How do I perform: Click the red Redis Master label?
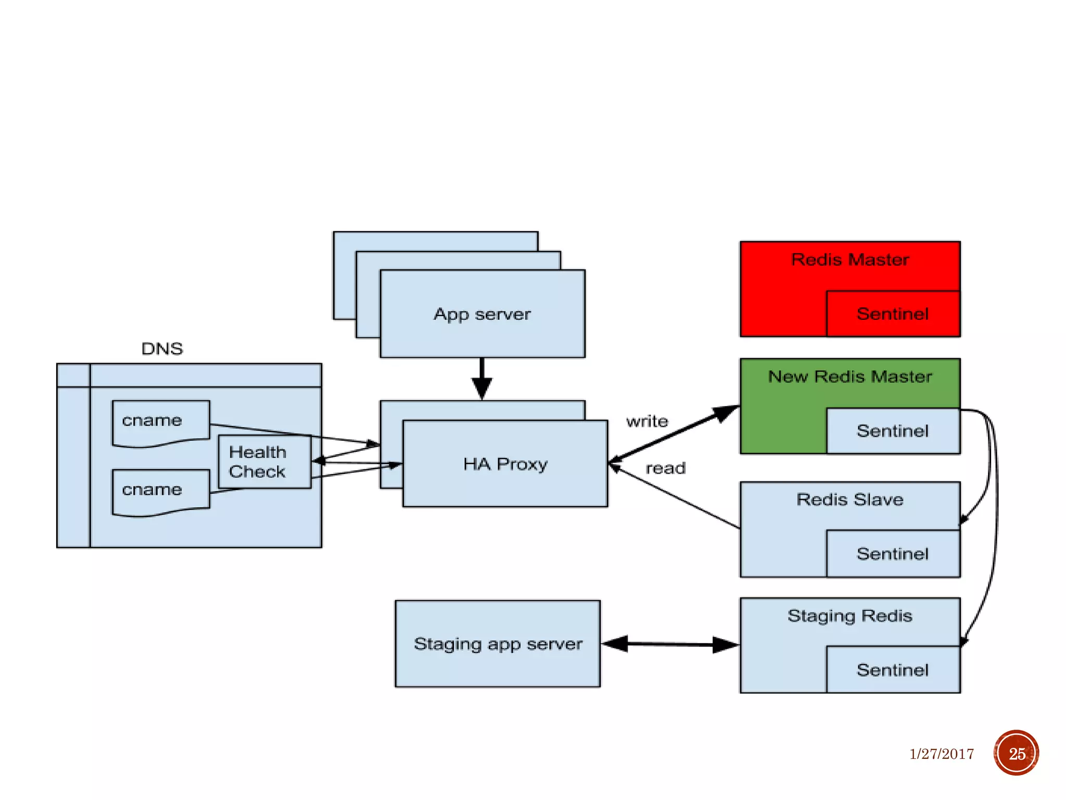(x=850, y=259)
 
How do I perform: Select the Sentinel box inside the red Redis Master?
(x=893, y=314)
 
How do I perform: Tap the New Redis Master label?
(x=850, y=376)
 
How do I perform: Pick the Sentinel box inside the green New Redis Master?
(x=893, y=431)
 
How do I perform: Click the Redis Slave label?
(x=850, y=499)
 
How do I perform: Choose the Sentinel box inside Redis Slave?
(x=893, y=554)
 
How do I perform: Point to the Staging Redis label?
(x=850, y=616)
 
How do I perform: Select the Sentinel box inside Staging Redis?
(x=893, y=670)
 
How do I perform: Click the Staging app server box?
(x=498, y=644)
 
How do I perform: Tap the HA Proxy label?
(x=505, y=464)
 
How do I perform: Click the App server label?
(x=483, y=314)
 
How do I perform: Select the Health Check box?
(x=264, y=462)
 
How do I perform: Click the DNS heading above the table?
(x=162, y=348)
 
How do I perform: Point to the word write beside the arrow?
(x=647, y=421)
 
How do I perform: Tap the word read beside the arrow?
(x=666, y=468)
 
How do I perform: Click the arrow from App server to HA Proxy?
(x=482, y=379)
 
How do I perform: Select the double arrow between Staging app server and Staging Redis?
(x=670, y=644)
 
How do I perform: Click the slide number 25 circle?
(x=1017, y=753)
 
